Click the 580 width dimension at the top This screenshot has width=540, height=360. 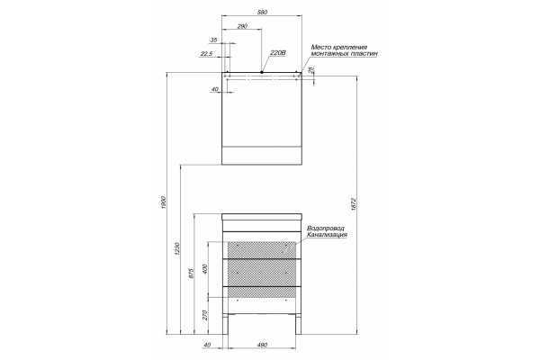[x=262, y=12]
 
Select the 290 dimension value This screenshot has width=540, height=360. [x=242, y=26]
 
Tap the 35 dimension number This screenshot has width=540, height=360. [x=213, y=40]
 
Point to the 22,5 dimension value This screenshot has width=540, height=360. [x=206, y=53]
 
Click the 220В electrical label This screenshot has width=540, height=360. [x=278, y=53]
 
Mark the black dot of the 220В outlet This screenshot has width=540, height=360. [x=262, y=72]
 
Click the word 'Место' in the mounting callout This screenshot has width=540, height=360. [x=319, y=47]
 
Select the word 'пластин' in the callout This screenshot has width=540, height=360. [x=365, y=54]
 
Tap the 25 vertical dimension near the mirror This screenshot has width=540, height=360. [x=311, y=70]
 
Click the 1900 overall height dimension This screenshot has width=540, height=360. [x=163, y=202]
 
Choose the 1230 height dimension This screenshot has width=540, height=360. [x=177, y=248]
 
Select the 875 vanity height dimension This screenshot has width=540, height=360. [x=192, y=274]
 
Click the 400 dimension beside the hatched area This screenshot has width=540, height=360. [x=205, y=269]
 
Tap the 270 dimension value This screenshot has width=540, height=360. [x=205, y=315]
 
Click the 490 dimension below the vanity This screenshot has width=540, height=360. [x=262, y=345]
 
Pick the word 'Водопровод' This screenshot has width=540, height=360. [x=326, y=229]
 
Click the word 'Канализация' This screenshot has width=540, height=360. [x=328, y=235]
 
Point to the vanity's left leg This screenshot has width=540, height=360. [x=226, y=324]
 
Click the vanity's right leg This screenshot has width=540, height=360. [x=298, y=324]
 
